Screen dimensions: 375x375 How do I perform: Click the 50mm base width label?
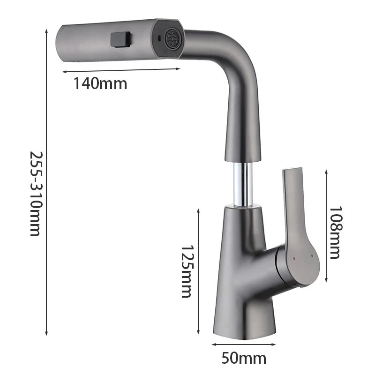pos(243,359)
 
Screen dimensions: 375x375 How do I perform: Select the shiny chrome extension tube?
pos(242,186)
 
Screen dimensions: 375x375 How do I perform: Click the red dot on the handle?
pos(294,258)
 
